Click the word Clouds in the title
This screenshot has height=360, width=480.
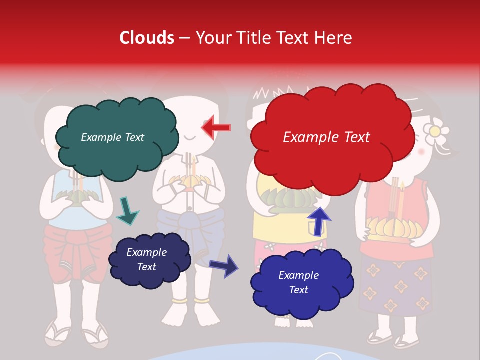[147, 38]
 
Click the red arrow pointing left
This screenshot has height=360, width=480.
[216, 127]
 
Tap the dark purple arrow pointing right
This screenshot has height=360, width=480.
[224, 265]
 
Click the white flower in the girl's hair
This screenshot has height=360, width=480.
[436, 131]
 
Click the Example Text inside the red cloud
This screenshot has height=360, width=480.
[326, 137]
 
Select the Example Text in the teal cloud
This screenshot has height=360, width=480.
[112, 137]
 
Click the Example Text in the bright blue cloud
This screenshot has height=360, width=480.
[298, 282]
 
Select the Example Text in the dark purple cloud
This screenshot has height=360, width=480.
[146, 259]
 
